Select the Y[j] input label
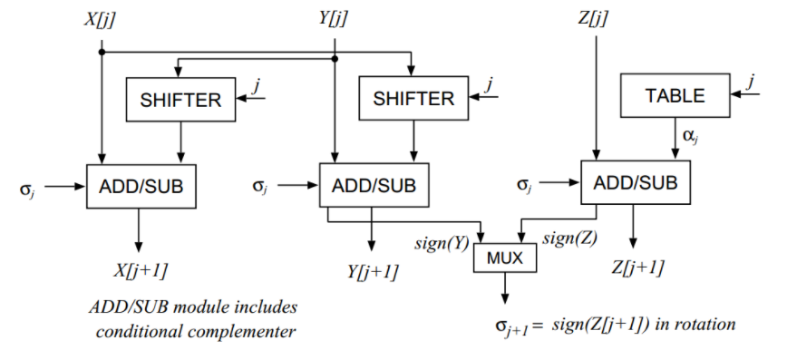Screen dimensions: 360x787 tap(334, 17)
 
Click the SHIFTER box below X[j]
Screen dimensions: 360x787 tap(180, 100)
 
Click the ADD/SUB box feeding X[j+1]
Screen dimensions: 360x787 tap(140, 187)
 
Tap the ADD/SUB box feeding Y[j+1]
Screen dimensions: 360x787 tap(374, 186)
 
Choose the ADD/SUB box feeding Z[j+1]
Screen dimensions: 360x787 tap(635, 181)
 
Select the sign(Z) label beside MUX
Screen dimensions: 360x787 tap(568, 239)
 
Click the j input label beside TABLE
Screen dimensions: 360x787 tap(751, 83)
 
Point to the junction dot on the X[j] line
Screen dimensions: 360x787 tap(102, 53)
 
